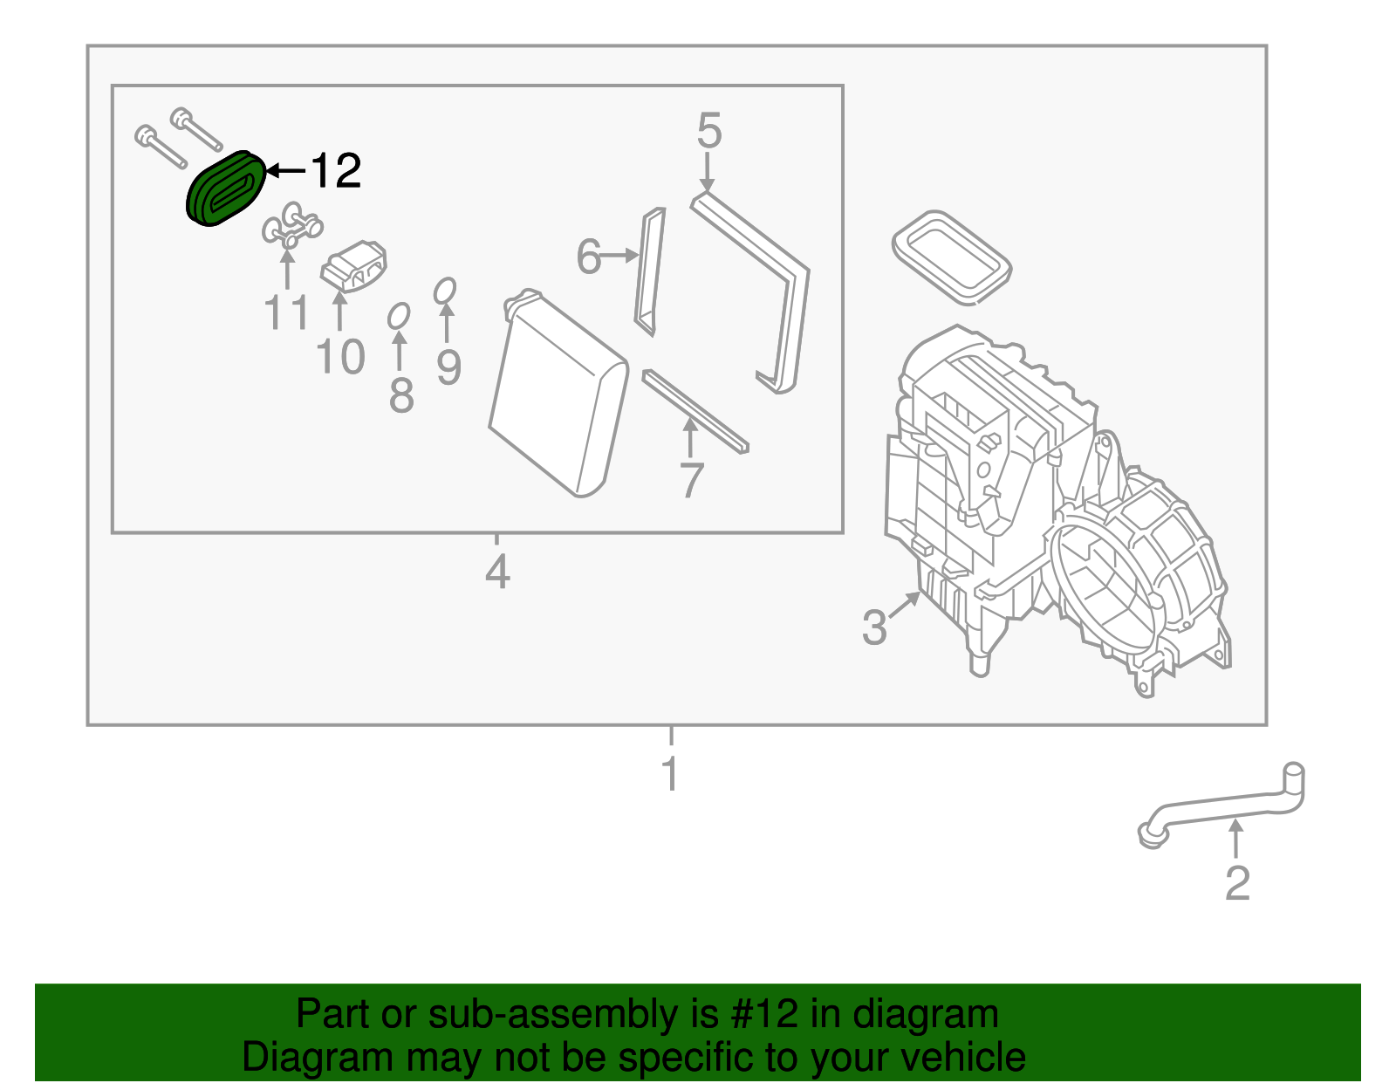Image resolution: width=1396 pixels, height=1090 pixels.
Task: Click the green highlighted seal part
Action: click(225, 189)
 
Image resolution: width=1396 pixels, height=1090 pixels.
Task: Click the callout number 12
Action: click(335, 171)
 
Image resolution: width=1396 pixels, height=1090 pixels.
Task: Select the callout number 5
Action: click(708, 132)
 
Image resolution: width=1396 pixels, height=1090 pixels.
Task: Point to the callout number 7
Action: click(691, 481)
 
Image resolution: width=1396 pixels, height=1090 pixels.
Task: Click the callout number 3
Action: click(874, 627)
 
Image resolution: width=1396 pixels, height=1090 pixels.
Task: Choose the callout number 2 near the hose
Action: click(1237, 883)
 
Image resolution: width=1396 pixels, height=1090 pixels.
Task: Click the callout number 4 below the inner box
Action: click(496, 572)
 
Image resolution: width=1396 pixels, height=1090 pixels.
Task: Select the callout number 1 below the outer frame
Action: click(670, 774)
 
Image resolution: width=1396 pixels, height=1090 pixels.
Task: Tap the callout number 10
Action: click(339, 358)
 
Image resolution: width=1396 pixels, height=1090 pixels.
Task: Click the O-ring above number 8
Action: click(399, 316)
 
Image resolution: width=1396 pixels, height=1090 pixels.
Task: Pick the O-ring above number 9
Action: click(445, 291)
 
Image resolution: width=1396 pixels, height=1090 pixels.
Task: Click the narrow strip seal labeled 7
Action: click(695, 411)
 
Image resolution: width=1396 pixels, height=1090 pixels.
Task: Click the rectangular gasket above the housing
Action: click(951, 257)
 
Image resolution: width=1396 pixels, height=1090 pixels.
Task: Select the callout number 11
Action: click(286, 312)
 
